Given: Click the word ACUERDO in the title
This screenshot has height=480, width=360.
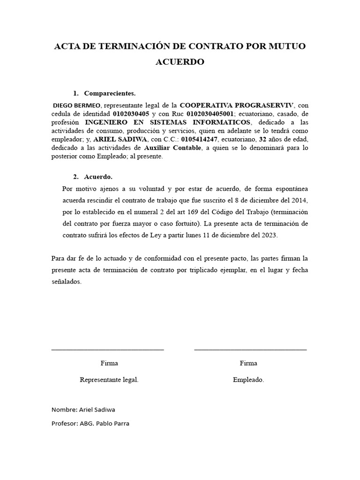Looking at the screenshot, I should [x=180, y=62].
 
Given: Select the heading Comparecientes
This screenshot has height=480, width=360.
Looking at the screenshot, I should [x=110, y=93].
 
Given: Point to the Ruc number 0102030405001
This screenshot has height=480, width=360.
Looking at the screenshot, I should [x=210, y=113].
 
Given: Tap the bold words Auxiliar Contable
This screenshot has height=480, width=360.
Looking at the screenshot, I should [x=172, y=148].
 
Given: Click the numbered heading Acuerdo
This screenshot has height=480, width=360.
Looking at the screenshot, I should [x=98, y=177].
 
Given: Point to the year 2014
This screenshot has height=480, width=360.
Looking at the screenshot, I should [x=298, y=201].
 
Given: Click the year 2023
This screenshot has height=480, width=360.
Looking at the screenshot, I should [x=269, y=236].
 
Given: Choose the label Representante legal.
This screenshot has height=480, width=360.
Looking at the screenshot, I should [x=109, y=380].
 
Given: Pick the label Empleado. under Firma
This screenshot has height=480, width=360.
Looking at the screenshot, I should [x=248, y=380].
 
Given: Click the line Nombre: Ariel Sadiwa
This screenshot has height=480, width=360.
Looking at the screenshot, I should [x=83, y=409].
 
